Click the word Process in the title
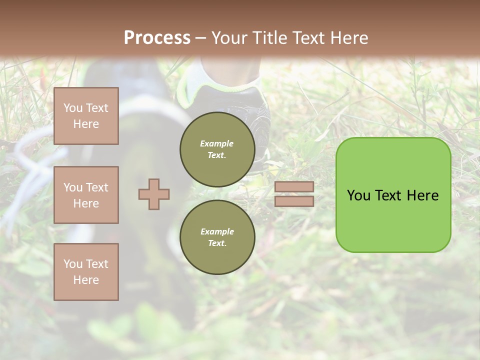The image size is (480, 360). [157, 38]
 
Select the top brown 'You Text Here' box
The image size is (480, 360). [86, 116]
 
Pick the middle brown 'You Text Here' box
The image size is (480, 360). [86, 195]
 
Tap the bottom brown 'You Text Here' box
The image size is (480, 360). [86, 272]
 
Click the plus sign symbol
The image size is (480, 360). [154, 194]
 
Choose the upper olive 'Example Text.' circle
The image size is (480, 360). [217, 149]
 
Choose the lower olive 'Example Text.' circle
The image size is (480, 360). [217, 237]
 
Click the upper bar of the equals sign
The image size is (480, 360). [294, 187]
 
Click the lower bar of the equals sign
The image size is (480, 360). [294, 201]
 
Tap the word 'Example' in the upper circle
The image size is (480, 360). [217, 144]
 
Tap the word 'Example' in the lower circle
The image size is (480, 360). [217, 232]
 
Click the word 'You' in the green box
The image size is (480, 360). [358, 195]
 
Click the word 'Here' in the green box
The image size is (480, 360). [422, 195]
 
